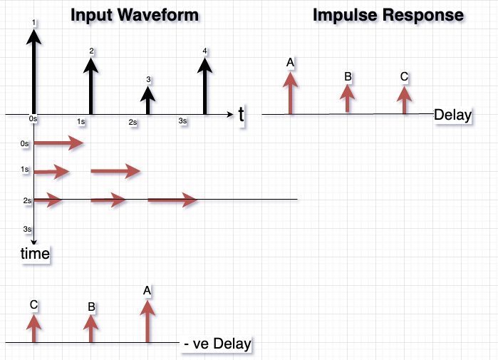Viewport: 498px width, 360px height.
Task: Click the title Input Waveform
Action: (134, 15)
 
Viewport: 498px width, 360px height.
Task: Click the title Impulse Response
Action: (388, 15)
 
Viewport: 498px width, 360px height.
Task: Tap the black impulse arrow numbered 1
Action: (34, 71)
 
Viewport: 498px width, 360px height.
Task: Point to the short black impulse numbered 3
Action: (147, 100)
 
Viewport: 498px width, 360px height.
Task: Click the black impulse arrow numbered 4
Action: (205, 86)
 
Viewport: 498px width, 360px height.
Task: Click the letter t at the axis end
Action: (242, 114)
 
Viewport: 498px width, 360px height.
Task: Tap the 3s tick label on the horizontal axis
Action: (182, 121)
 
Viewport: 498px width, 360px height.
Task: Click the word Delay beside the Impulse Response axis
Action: (452, 115)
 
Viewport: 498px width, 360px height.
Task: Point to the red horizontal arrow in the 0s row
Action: (59, 144)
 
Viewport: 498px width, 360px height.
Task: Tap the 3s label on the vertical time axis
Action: (27, 229)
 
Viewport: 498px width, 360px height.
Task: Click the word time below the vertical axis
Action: (35, 253)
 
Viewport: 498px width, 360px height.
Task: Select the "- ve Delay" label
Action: (217, 344)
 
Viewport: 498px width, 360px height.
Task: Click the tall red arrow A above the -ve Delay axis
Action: (147, 321)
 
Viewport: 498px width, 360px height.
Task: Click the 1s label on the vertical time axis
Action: (26, 170)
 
